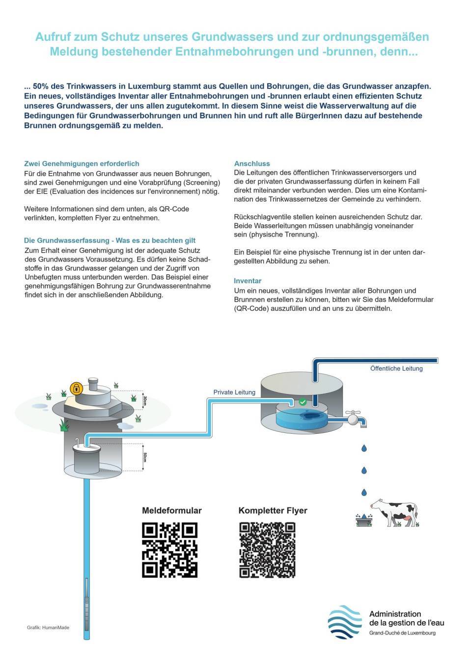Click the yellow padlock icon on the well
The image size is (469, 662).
tap(76, 389)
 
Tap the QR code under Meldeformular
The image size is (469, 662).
tap(169, 550)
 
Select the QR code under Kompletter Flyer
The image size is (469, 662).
tap(267, 550)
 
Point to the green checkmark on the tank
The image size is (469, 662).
tap(303, 402)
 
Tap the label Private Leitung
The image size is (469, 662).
tap(234, 392)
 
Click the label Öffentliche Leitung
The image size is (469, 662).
tap(396, 369)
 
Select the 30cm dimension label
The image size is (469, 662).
tap(144, 400)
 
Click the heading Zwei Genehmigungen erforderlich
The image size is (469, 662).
tap(82, 163)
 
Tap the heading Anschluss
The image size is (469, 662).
tap(252, 163)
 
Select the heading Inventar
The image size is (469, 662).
tap(248, 281)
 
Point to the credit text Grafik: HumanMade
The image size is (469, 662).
tap(48, 628)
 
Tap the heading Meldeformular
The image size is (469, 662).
tap(171, 510)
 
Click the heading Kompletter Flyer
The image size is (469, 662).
tap(273, 510)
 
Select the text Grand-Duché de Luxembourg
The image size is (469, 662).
tap(402, 633)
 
